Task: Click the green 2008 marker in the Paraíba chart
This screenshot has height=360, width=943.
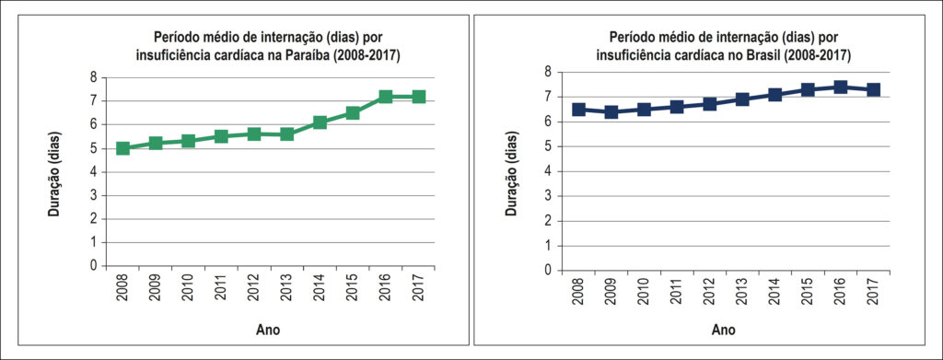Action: pos(122,148)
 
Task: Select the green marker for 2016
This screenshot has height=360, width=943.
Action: pos(386,96)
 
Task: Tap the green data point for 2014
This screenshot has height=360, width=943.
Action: pos(320,122)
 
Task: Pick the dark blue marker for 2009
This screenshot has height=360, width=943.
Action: pos(611,111)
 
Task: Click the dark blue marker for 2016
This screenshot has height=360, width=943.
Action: pos(841,87)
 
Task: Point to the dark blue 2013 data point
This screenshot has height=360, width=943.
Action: pos(742,99)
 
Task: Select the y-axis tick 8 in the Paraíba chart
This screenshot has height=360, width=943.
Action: pos(93,77)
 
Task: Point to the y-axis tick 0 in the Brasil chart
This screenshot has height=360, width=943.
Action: pos(547,271)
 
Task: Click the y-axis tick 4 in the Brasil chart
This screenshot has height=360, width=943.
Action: pos(547,171)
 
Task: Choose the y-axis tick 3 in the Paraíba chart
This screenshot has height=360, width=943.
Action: pos(93,195)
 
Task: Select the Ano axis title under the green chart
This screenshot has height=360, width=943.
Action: pos(268,330)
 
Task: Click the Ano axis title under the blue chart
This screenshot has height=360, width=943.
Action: pos(724,330)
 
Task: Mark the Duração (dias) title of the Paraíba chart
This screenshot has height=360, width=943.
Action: pos(54,170)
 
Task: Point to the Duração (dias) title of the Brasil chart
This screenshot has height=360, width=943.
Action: pos(511,170)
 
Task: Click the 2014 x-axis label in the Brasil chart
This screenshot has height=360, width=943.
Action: pos(775,292)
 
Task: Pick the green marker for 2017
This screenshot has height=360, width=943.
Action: pos(419,96)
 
